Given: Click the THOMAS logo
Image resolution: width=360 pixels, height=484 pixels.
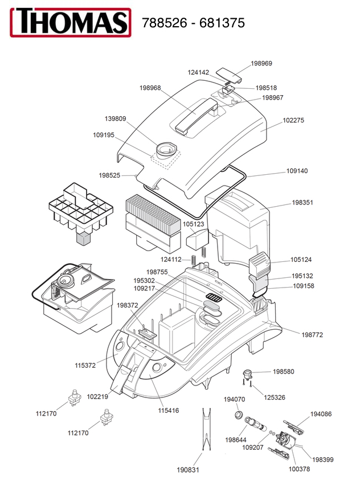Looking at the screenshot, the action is coord(71,22).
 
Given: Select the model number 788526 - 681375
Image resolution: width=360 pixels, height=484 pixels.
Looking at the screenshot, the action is coord(193,23).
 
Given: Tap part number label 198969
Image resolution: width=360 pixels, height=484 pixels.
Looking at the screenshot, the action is coord(261,63).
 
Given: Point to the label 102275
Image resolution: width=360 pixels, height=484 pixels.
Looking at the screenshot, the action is coord(293,120).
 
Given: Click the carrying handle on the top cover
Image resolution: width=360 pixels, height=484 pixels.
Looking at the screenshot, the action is coord(196,116).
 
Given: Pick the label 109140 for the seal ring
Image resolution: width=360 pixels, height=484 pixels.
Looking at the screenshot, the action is coord(297,171).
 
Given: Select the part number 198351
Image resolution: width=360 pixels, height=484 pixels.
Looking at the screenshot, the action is coord(302,203).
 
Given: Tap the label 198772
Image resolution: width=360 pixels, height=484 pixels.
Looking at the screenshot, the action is coord(312,335).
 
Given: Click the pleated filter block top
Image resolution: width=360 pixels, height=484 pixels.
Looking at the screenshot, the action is coord(153,214).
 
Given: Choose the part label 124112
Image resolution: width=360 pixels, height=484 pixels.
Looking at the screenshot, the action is coord(171,260).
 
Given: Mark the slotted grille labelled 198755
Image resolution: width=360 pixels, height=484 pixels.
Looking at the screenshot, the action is coord(214,297).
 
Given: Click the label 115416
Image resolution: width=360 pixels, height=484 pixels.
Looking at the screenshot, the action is coord(169,411).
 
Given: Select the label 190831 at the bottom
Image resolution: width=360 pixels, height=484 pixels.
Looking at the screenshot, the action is coord(188,470).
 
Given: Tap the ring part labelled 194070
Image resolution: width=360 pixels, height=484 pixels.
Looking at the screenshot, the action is coord(238,415).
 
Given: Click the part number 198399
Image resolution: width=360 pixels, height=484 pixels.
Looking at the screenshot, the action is coord(322,460).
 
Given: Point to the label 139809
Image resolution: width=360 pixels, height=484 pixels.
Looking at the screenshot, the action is coord(116,119).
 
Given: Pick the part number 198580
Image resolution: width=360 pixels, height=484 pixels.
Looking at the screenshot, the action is coord(284,371).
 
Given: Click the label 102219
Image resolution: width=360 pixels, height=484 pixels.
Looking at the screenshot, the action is coord(97,397).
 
